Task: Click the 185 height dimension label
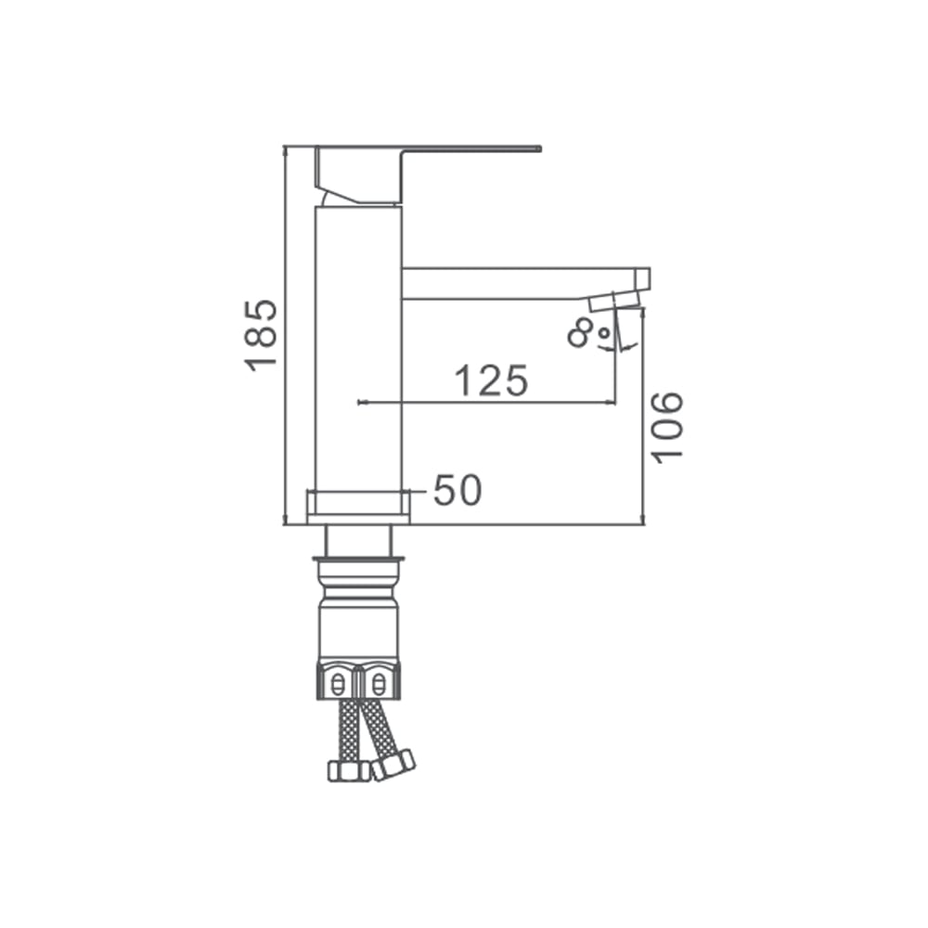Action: click(261, 336)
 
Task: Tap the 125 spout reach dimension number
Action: click(491, 380)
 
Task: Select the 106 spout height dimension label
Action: click(666, 427)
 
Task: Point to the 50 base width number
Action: click(458, 491)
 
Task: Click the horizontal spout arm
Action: click(525, 283)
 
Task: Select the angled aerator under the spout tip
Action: click(615, 301)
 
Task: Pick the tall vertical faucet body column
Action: click(358, 349)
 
